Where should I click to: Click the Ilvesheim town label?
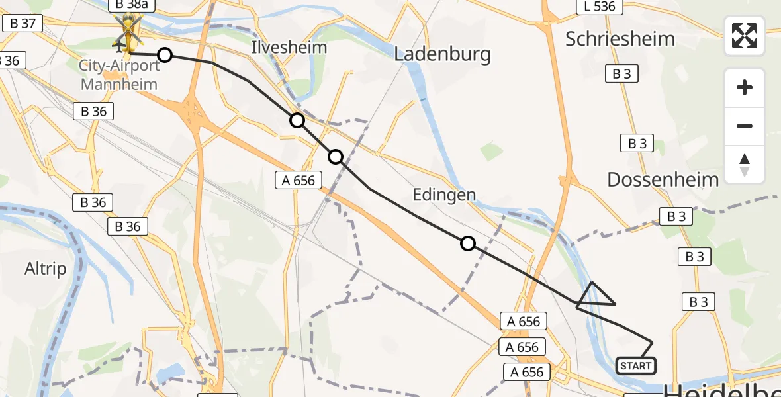tap(289, 47)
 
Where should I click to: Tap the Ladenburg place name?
tap(442, 54)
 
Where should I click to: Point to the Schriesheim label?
tap(620, 38)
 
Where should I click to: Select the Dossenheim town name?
tap(663, 179)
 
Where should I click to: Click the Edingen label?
tap(444, 195)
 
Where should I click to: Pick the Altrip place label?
tap(46, 269)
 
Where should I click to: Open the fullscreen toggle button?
tap(745, 36)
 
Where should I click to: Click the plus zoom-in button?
tap(745, 88)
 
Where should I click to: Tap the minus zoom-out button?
tap(745, 126)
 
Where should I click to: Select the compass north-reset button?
tap(745, 164)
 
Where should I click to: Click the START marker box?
tap(635, 365)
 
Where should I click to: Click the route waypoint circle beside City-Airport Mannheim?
tap(165, 55)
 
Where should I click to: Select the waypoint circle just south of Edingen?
tap(468, 243)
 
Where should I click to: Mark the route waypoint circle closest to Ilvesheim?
tap(297, 120)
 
